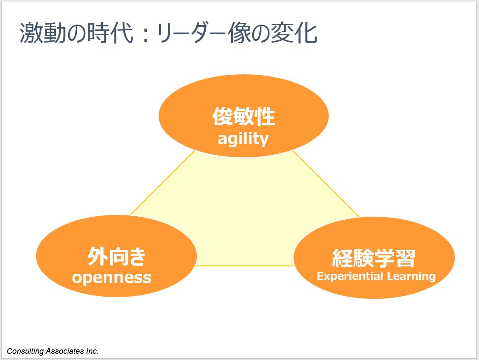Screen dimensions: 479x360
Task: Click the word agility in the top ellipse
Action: [x=243, y=139]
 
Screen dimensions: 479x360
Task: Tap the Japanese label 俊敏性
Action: [x=243, y=116]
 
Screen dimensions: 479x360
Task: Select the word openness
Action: [x=112, y=278]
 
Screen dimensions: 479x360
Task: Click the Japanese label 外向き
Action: [x=116, y=256]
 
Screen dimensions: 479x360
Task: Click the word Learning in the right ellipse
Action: [x=411, y=276]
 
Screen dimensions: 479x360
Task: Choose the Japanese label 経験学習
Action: [x=374, y=258]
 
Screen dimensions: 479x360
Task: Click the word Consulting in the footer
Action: [x=25, y=352]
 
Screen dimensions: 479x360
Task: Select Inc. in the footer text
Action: [x=92, y=351]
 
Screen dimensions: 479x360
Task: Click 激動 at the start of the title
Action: [x=43, y=33]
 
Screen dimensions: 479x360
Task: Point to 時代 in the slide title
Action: [x=110, y=33]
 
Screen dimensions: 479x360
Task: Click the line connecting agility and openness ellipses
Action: [x=163, y=183]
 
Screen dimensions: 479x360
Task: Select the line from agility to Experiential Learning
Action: [x=326, y=184]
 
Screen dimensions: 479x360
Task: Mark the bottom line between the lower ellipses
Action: [x=245, y=266]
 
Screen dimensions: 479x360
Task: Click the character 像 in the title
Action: [x=239, y=33]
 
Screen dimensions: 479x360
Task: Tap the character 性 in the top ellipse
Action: [x=265, y=116]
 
